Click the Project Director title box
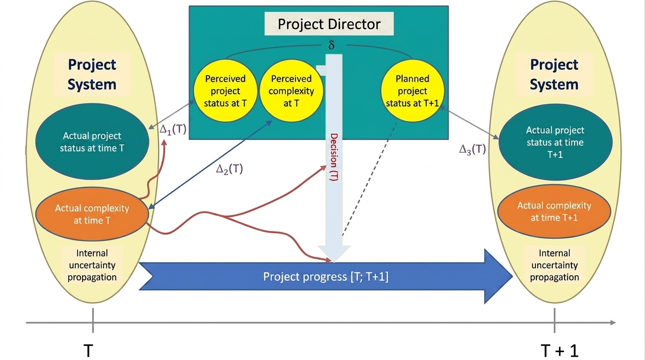click(x=329, y=24)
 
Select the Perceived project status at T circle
click(x=225, y=91)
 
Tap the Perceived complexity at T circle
click(x=291, y=91)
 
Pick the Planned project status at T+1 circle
click(x=412, y=91)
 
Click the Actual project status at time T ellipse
click(x=92, y=142)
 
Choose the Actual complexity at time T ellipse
click(x=92, y=214)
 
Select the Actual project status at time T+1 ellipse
click(x=555, y=142)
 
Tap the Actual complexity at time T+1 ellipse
click(x=554, y=211)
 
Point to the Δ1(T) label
click(x=173, y=129)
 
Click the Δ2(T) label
click(x=230, y=169)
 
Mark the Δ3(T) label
click(x=472, y=150)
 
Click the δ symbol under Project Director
click(x=332, y=45)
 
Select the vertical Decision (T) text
click(x=334, y=157)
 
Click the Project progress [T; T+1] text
click(x=326, y=277)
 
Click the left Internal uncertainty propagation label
click(x=92, y=265)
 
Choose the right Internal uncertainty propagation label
click(x=554, y=265)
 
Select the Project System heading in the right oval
click(x=554, y=75)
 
